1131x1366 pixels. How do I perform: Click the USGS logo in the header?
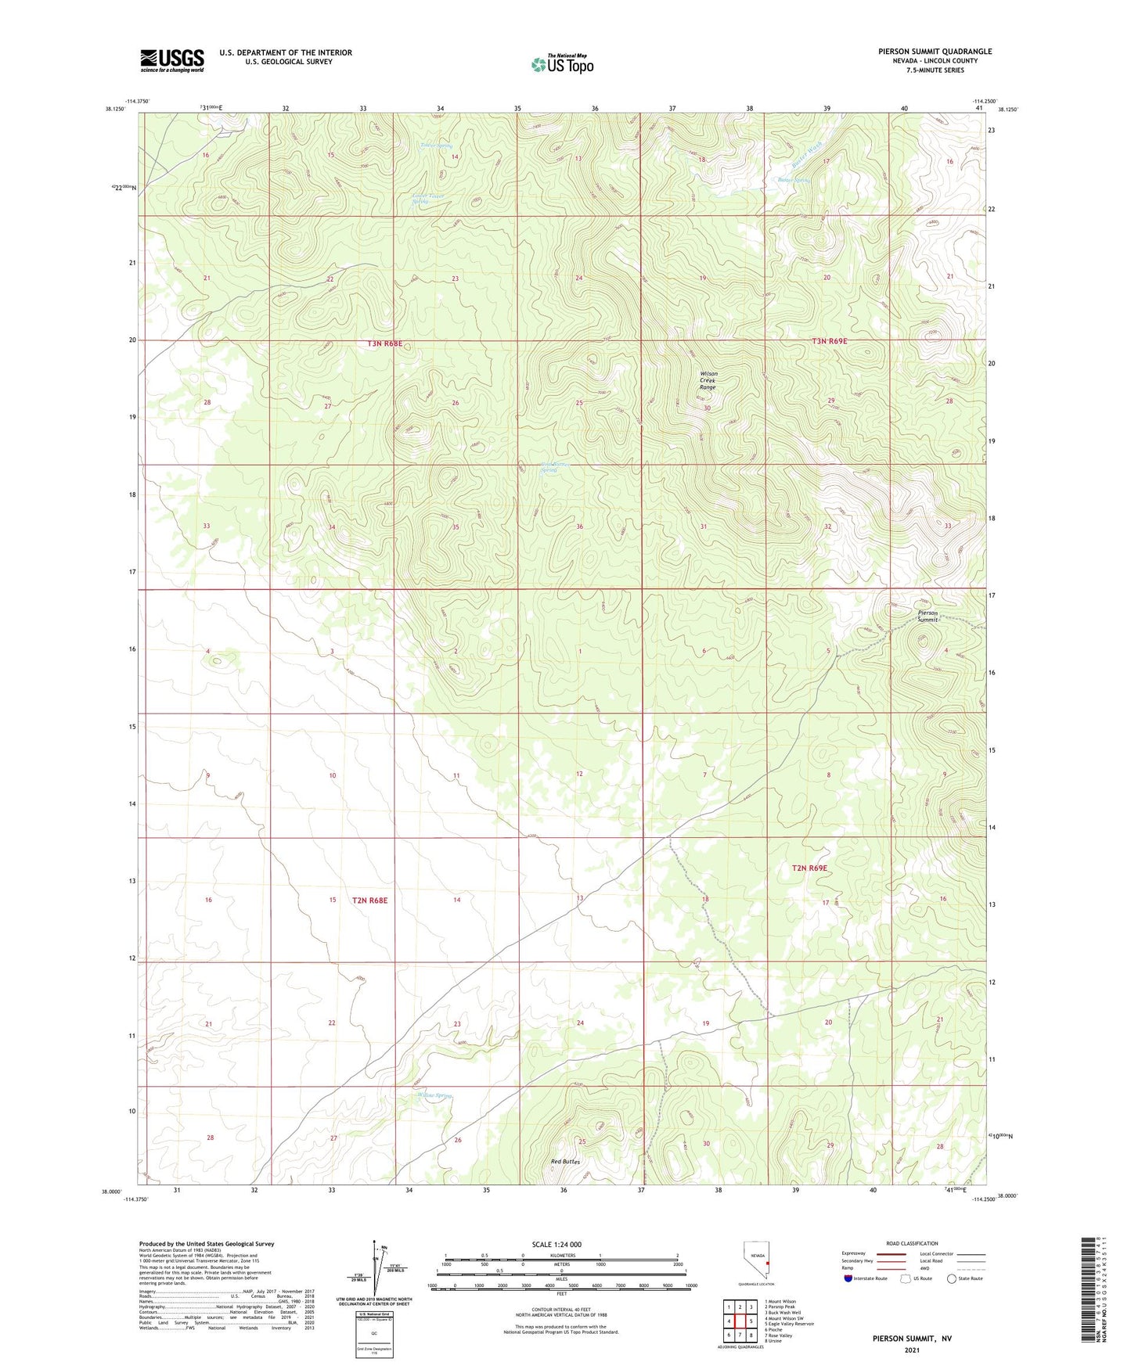coord(171,59)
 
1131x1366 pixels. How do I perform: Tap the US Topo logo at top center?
coord(561,64)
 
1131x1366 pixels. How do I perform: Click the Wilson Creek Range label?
coord(708,380)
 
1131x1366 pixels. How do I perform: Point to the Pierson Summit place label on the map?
coord(928,615)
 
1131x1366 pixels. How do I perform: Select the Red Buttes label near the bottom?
coord(565,1162)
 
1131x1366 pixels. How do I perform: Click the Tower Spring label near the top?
coord(436,146)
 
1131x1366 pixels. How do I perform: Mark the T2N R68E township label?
coord(370,900)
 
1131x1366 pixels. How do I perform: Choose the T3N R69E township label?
coord(829,341)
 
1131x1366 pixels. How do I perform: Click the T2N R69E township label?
coord(809,868)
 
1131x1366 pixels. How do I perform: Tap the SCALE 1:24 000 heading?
coord(556,1244)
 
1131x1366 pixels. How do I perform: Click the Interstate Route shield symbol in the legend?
coord(849,1279)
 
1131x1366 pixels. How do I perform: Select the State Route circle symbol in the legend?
coord(951,1279)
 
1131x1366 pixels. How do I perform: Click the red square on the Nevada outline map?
coord(768,1262)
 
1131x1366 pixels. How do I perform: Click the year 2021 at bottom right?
coord(912,1350)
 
